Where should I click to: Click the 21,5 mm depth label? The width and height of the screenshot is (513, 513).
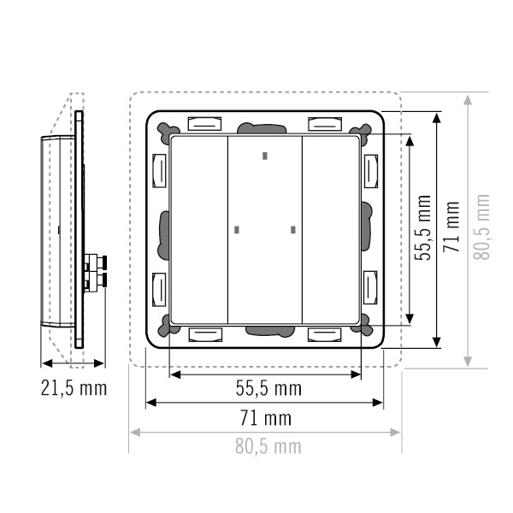(x=74, y=388)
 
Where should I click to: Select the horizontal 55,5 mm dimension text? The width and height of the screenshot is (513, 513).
(x=268, y=389)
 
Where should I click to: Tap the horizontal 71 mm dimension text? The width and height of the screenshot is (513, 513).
(x=266, y=418)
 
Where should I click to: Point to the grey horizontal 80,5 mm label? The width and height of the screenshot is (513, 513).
(x=268, y=446)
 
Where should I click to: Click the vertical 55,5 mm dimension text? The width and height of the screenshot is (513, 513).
(x=422, y=227)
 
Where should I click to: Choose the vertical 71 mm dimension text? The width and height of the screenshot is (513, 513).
(x=451, y=227)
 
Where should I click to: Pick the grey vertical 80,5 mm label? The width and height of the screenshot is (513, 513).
(x=481, y=227)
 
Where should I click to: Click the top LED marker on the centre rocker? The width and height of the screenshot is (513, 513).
(x=265, y=156)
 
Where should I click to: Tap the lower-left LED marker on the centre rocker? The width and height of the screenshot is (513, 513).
(x=237, y=230)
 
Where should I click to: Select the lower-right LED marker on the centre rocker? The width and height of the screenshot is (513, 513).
(x=293, y=230)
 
